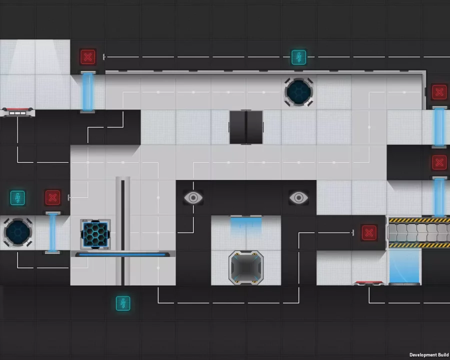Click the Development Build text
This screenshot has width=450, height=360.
[x=429, y=355]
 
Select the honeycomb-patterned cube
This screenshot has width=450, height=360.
[x=95, y=234]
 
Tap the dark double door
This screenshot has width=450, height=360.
[x=246, y=127]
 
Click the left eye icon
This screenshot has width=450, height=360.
[x=193, y=198]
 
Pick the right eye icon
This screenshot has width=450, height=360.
[x=298, y=198]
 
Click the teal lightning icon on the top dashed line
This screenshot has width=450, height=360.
[x=299, y=57]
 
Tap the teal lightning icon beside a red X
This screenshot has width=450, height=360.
[x=17, y=198]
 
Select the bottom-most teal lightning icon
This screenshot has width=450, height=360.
[x=123, y=303]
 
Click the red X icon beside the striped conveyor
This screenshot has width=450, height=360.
[x=369, y=233]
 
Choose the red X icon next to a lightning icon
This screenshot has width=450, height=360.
[x=52, y=198]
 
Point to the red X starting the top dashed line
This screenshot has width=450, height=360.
[x=88, y=57]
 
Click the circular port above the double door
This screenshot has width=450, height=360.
[x=298, y=92]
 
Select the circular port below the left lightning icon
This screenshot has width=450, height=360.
[x=17, y=233]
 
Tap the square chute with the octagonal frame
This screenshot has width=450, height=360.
[x=246, y=268]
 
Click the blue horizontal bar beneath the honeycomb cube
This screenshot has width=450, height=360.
[x=122, y=254]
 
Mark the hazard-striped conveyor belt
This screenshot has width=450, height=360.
[x=419, y=232]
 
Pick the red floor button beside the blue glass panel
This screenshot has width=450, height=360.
[x=369, y=283]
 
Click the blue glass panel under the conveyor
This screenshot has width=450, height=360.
[x=404, y=266]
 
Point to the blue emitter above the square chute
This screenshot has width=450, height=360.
[x=246, y=224]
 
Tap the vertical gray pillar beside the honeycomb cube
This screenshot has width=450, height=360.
[x=123, y=231]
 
